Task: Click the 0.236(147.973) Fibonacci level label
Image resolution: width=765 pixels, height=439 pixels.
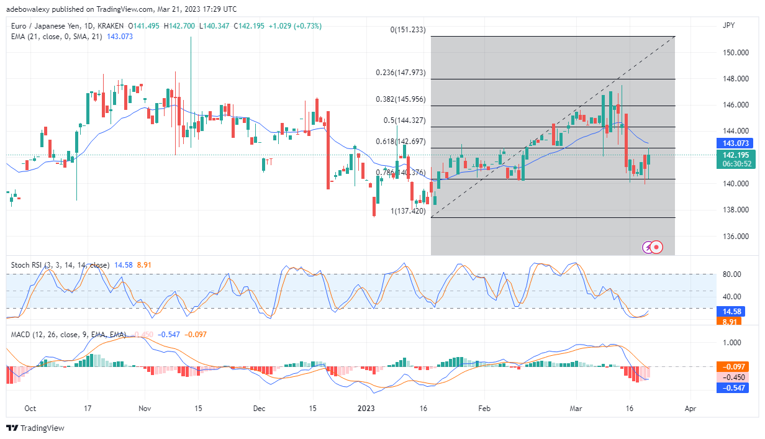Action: [x=401, y=73]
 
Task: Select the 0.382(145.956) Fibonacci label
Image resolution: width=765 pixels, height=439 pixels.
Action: [x=401, y=99]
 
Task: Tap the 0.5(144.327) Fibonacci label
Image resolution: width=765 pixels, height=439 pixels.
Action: [x=404, y=120]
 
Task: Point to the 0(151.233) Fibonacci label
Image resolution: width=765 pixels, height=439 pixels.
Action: [x=408, y=29]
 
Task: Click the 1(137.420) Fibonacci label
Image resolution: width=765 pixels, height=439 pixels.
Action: [x=408, y=211]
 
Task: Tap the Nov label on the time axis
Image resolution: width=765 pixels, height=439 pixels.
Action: [x=145, y=409]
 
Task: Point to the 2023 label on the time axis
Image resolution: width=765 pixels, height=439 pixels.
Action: [x=366, y=409]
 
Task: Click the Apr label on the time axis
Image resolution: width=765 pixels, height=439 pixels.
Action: [x=690, y=409]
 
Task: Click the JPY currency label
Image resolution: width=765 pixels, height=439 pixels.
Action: [x=728, y=27]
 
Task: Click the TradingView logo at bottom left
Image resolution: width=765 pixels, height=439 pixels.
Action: [x=35, y=428]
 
